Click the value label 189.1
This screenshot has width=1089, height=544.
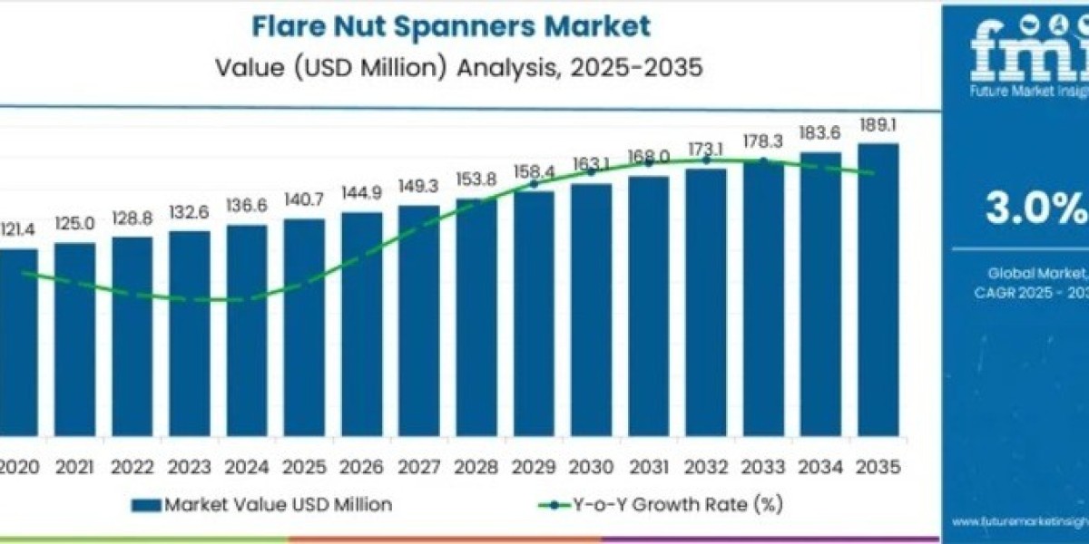pos(878,127)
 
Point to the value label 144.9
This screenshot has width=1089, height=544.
pos(361,194)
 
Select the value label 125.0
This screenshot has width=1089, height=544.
pos(74,223)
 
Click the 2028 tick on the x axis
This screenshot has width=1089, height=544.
pos(476,468)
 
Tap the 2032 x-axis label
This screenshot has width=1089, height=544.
pos(706,468)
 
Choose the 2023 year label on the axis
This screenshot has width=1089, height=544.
pos(189,468)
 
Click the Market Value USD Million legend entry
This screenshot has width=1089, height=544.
pos(263,504)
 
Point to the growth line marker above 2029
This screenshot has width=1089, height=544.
pos(534,184)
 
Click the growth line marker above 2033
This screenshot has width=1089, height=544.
pos(763,161)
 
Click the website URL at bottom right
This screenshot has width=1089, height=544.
pos(1021,522)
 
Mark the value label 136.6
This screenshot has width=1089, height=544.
pos(247,207)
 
